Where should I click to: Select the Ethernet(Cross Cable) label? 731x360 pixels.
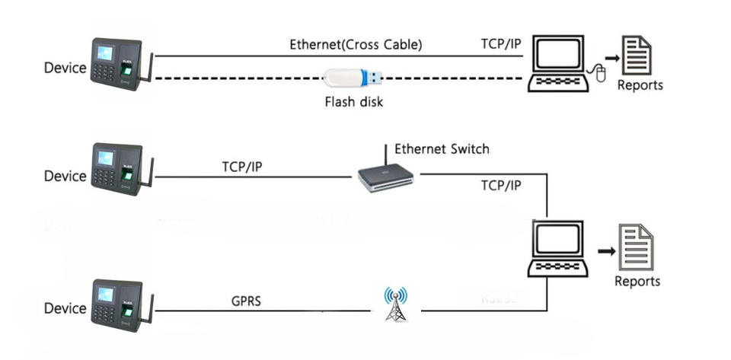pyautogui.click(x=356, y=44)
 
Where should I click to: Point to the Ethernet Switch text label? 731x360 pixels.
pyautogui.click(x=442, y=148)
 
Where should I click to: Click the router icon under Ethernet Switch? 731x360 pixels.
pyautogui.click(x=387, y=176)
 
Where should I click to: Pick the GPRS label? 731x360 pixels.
pyautogui.click(x=246, y=300)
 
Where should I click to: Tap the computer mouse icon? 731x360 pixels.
pyautogui.click(x=599, y=74)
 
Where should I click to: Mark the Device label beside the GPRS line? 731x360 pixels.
pyautogui.click(x=65, y=309)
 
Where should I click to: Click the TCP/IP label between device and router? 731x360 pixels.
pyautogui.click(x=242, y=166)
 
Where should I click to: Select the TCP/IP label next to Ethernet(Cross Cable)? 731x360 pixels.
pyautogui.click(x=501, y=44)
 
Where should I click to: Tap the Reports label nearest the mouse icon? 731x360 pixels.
pyautogui.click(x=640, y=85)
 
